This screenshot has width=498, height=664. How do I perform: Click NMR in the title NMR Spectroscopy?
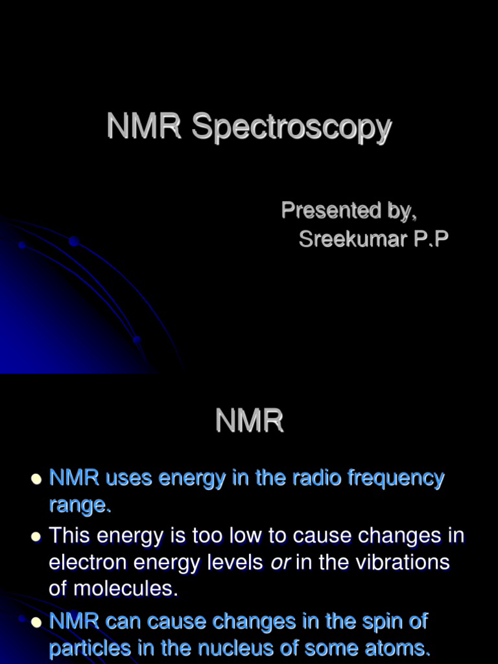pyautogui.click(x=144, y=126)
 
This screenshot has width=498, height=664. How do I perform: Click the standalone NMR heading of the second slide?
pyautogui.click(x=250, y=422)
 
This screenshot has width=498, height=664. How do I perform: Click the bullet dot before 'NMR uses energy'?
pyautogui.click(x=36, y=479)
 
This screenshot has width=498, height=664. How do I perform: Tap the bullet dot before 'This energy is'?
pyautogui.click(x=36, y=537)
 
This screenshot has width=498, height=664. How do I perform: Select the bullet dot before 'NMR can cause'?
pyautogui.click(x=36, y=622)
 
